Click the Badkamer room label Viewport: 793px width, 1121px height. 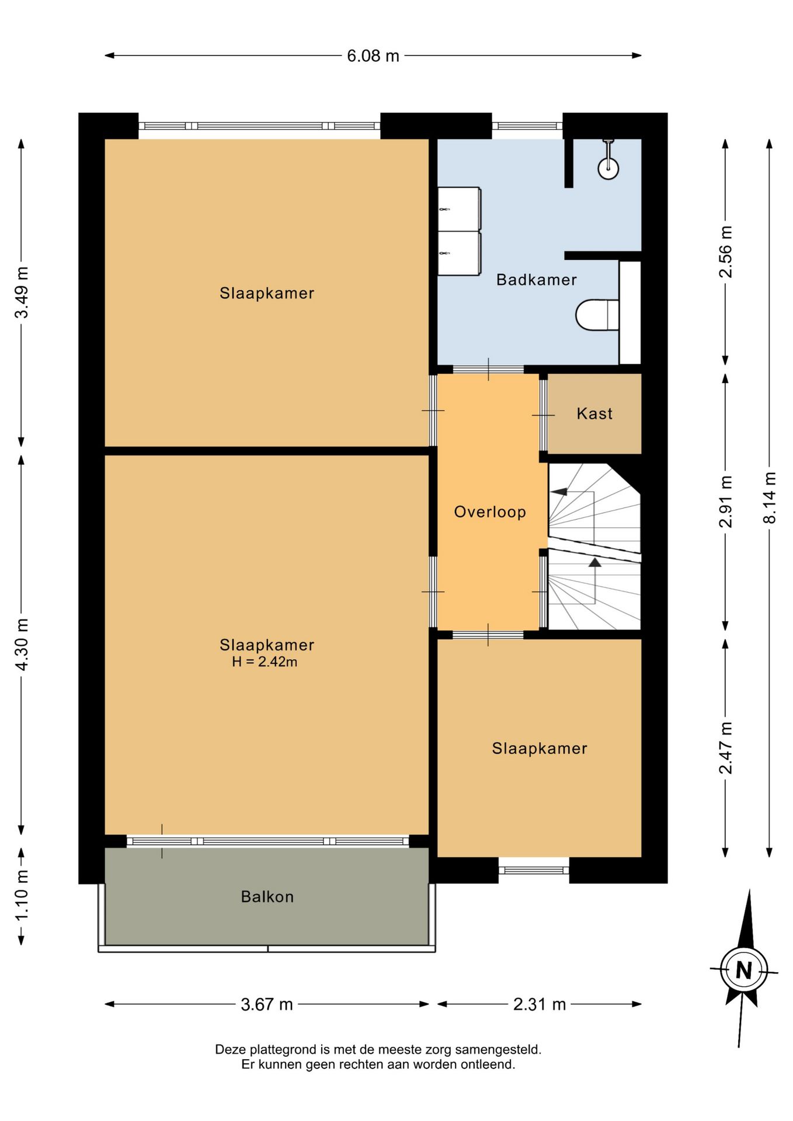click(536, 280)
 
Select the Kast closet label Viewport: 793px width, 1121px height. click(594, 414)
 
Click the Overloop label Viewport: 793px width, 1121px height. click(490, 512)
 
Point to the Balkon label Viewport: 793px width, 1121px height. click(267, 897)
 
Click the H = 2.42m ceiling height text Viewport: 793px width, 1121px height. click(265, 662)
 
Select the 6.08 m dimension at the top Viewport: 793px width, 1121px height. click(373, 56)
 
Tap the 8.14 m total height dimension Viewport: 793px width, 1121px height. click(770, 497)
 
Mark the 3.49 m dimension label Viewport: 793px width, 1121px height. click(22, 293)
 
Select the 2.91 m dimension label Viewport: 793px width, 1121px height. click(725, 502)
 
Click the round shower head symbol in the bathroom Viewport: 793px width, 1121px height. click(608, 168)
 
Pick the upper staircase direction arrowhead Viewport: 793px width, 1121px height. click(559, 492)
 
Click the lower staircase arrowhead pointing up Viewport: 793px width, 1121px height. click(595, 562)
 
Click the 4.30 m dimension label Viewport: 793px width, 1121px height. click(22, 644)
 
